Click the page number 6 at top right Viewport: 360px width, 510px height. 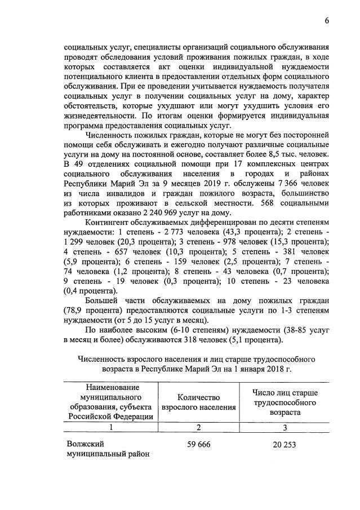point(326,21)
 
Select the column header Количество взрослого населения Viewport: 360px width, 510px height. point(198,402)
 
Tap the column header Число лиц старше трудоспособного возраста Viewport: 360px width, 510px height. point(284,402)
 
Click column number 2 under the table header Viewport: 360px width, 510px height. point(198,428)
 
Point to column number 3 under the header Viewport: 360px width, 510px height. point(284,428)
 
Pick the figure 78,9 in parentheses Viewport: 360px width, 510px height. point(77,311)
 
